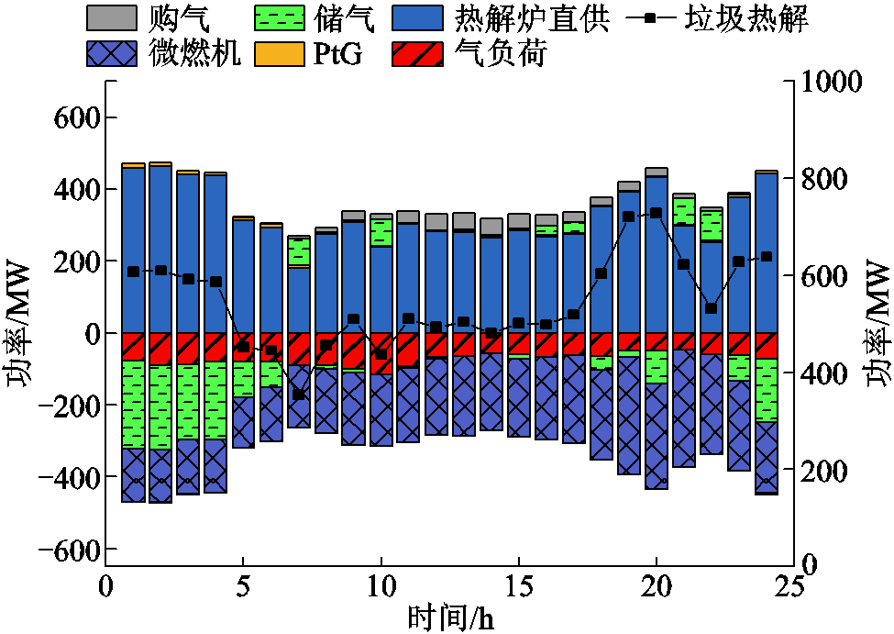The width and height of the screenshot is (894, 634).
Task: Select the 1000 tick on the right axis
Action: [833, 81]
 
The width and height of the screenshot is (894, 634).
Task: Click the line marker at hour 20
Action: [656, 213]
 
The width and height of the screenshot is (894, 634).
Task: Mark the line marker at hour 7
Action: [298, 395]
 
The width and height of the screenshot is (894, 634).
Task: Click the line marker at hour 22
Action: [711, 308]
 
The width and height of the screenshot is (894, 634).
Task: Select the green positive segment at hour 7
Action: [298, 251]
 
